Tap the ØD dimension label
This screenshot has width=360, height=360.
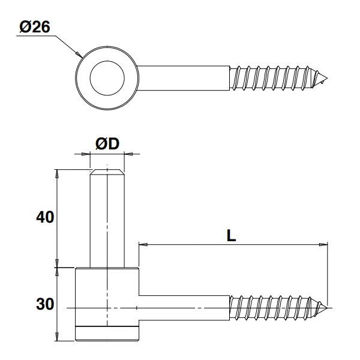pos(107,143)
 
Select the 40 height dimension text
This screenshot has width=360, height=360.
pos(45,217)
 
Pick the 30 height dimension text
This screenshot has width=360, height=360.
pos(45,305)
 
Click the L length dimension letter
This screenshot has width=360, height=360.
pos(231,235)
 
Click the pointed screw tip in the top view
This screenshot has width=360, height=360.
pos(325,77)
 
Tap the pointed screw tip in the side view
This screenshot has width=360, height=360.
pos(325,308)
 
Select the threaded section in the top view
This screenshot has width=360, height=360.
pos(273,77)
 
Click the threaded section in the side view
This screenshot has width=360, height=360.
pos(273,308)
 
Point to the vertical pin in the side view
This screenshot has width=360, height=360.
pos(107,222)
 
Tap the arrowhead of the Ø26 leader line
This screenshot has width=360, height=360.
pos(79,55)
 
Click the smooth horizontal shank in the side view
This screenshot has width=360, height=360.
pos(186,308)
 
